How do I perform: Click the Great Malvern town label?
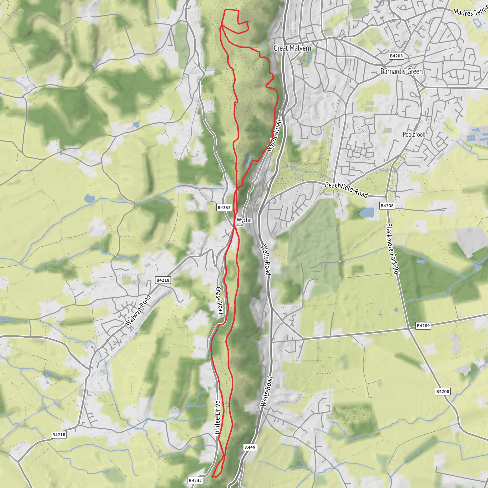292,48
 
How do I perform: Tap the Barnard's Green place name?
401,71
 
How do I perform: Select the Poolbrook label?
414,134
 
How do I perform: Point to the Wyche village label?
244,220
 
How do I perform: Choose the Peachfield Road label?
346,189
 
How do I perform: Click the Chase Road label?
219,300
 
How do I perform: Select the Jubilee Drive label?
217,418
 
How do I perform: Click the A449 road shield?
250,447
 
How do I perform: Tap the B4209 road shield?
423,325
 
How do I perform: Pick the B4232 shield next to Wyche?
224,207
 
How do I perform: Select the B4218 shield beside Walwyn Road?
163,280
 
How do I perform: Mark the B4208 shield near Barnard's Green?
396,56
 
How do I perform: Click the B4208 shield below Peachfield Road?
387,206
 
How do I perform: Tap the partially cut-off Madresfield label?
470,11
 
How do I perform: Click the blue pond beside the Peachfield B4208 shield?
366,212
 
